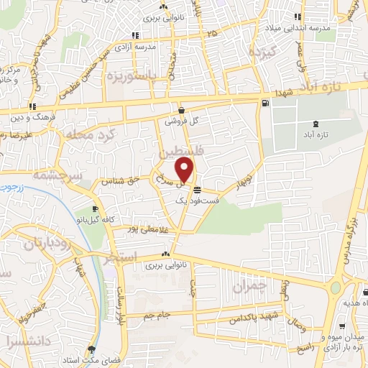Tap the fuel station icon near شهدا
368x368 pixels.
267,103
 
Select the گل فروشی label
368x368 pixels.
181,121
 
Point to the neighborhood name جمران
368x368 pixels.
250,285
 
